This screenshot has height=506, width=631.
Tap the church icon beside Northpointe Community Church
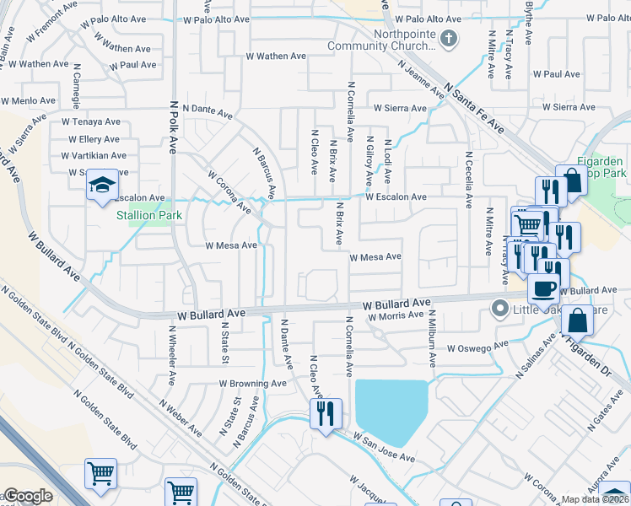(x=449, y=38)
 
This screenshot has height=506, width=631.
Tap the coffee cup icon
(x=544, y=288)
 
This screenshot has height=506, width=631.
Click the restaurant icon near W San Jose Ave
(x=326, y=413)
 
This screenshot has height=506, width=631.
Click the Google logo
(x=28, y=497)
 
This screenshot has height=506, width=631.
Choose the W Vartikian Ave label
(x=94, y=155)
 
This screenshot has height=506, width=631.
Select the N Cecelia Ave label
(x=467, y=180)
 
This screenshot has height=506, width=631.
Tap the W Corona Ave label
(x=230, y=191)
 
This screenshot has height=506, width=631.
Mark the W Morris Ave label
(x=396, y=315)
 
